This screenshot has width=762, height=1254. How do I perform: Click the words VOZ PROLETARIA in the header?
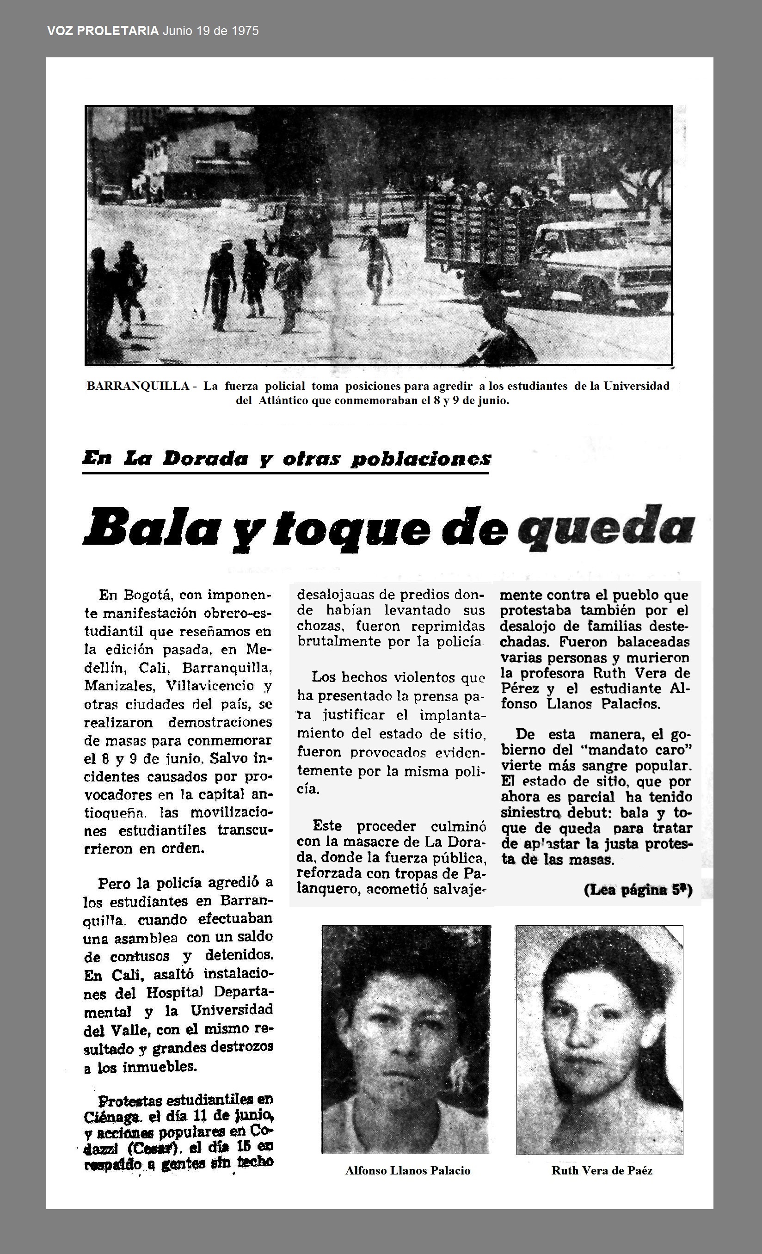click(103, 31)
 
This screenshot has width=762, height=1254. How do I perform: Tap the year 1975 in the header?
click(245, 31)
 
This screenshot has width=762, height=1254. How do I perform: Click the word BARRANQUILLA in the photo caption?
click(138, 386)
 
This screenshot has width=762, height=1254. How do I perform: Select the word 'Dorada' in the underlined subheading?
click(206, 459)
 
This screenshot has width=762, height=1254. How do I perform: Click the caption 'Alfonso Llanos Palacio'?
click(408, 1170)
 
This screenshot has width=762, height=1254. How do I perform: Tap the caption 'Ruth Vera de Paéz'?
click(602, 1170)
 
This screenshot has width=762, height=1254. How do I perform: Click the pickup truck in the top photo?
click(601, 264)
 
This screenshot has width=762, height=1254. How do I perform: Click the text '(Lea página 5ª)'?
click(638, 890)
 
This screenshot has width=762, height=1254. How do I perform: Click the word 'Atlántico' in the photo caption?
click(283, 400)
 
